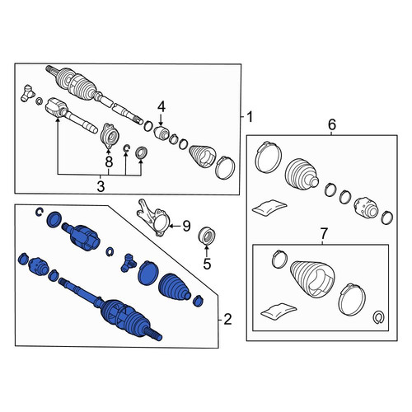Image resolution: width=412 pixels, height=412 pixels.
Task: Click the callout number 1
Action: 250,117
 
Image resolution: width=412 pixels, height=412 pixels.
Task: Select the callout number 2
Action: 227,320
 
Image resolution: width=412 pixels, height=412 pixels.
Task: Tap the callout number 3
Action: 101,186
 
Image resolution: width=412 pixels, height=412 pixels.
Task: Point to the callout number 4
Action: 162,107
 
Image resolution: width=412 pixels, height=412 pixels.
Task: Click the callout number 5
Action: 207,264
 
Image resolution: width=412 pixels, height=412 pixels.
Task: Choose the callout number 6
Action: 332,124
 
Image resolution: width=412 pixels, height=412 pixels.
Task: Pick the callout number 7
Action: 324,233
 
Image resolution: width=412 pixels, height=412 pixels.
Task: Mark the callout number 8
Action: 109,162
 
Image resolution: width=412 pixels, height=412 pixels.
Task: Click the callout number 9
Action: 186,226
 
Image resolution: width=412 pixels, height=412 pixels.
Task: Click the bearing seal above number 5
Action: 207,236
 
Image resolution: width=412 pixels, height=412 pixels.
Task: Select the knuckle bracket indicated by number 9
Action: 153,218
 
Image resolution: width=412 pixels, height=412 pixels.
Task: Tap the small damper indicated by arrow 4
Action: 161,133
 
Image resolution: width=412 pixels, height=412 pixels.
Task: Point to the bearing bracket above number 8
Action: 109,136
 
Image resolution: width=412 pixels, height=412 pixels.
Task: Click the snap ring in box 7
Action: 379,317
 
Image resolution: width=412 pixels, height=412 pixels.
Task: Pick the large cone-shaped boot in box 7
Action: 312,279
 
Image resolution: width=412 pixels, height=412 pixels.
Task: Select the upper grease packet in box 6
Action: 269,207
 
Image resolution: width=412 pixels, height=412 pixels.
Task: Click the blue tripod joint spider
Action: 128,263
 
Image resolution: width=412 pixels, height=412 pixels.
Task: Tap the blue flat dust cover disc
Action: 148,273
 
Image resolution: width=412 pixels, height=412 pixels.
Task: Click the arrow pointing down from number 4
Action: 161,120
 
